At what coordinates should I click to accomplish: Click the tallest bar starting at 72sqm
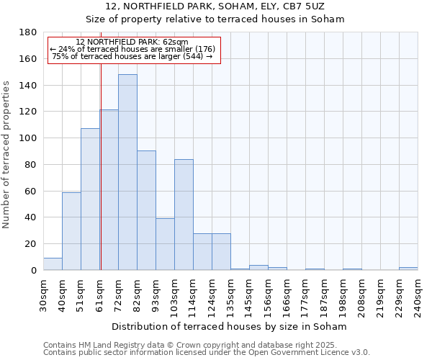point(127,172)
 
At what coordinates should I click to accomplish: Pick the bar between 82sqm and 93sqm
point(146,210)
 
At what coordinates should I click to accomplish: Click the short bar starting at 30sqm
point(53,264)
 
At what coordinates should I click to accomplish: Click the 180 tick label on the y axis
point(28,32)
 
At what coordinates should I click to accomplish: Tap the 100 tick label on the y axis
point(28,138)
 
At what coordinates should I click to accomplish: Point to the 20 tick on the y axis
point(31,244)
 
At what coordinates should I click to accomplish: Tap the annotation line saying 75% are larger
point(132,56)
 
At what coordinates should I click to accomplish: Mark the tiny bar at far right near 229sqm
point(408,269)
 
